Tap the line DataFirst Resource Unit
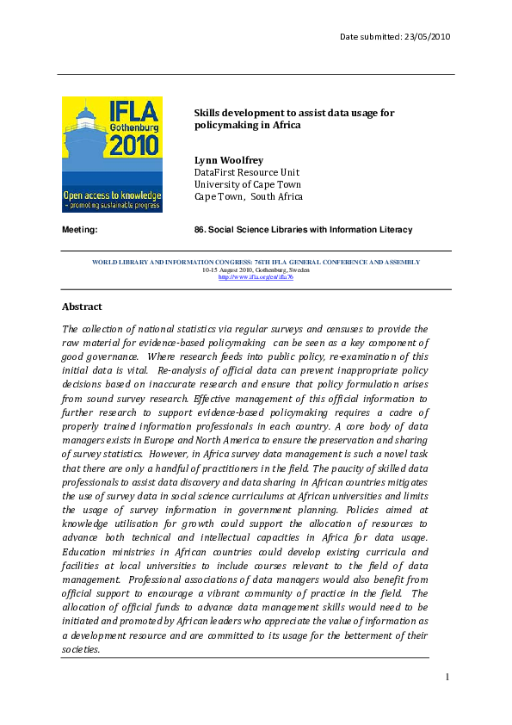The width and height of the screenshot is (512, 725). (246, 172)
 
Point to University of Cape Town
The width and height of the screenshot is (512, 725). (247, 184)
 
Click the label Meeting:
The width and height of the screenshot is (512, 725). (79, 230)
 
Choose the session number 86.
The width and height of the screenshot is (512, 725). (202, 230)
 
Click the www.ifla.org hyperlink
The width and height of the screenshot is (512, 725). (256, 277)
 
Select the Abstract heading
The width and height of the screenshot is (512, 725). (82, 307)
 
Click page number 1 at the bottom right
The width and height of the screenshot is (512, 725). (448, 678)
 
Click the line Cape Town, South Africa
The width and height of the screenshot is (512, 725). (248, 196)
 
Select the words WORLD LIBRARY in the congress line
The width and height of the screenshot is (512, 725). (121, 262)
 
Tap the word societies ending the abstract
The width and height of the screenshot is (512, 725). (81, 649)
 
